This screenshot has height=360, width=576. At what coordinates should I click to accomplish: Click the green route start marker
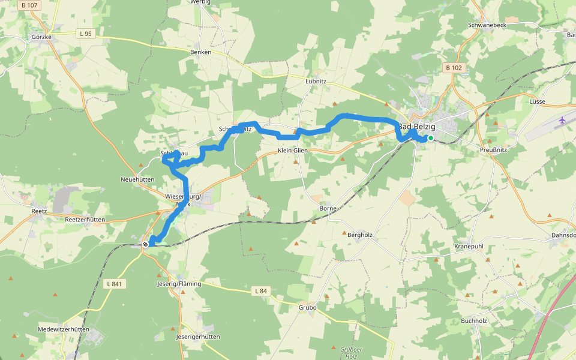(x=430, y=138)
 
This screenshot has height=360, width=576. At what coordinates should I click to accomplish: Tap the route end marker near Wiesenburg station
(x=145, y=244)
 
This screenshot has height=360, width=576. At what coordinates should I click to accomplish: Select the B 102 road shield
(x=454, y=68)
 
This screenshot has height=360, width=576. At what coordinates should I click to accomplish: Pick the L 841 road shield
(x=116, y=284)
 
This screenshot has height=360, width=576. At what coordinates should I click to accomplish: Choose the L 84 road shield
(x=260, y=291)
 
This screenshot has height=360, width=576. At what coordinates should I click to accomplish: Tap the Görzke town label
(x=41, y=37)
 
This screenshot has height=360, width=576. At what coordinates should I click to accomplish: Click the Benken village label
(x=200, y=52)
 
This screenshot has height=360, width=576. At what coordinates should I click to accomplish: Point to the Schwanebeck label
(x=487, y=26)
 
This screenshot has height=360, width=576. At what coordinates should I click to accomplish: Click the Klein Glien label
(x=292, y=151)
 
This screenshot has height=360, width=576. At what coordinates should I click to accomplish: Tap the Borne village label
(x=328, y=209)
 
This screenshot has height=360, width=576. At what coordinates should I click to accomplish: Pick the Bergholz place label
(x=360, y=235)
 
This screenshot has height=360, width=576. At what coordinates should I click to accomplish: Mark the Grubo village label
(x=307, y=307)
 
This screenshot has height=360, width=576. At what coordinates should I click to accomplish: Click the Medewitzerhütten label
(x=63, y=329)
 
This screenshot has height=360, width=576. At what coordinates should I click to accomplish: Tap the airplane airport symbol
(x=562, y=121)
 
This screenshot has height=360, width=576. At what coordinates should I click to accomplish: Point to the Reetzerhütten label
(x=85, y=220)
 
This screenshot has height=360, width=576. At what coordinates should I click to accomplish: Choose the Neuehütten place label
(x=138, y=179)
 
